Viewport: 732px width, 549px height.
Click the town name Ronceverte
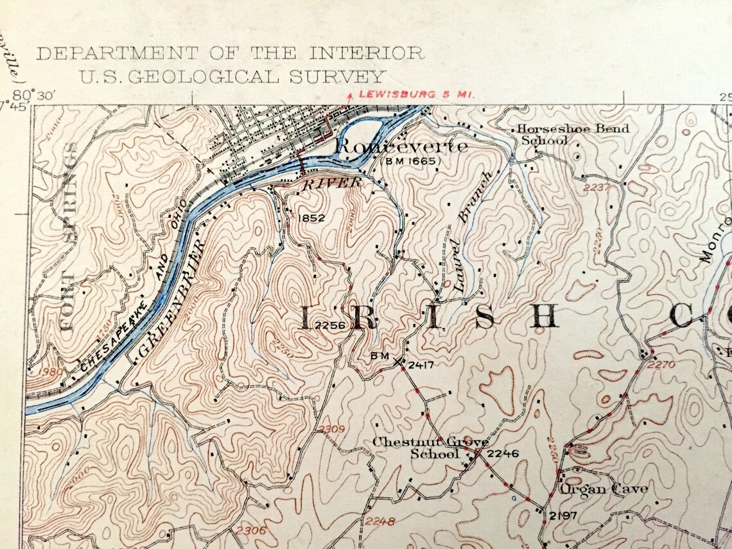[x=401, y=146]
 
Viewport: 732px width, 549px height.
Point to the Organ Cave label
[x=603, y=489]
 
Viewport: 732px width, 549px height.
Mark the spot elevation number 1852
[x=311, y=218]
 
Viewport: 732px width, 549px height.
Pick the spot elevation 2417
[x=421, y=365]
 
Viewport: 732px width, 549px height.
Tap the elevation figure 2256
[x=331, y=326]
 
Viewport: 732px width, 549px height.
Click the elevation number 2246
[x=503, y=453]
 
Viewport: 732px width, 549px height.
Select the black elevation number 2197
[x=562, y=515]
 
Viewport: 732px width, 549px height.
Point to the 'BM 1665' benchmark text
[x=411, y=161]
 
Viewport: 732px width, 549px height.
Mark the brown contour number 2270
[x=661, y=365]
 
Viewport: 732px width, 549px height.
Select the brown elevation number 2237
[x=597, y=187]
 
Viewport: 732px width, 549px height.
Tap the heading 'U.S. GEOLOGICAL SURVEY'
[x=231, y=76]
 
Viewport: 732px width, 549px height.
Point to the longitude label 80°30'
[x=39, y=95]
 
